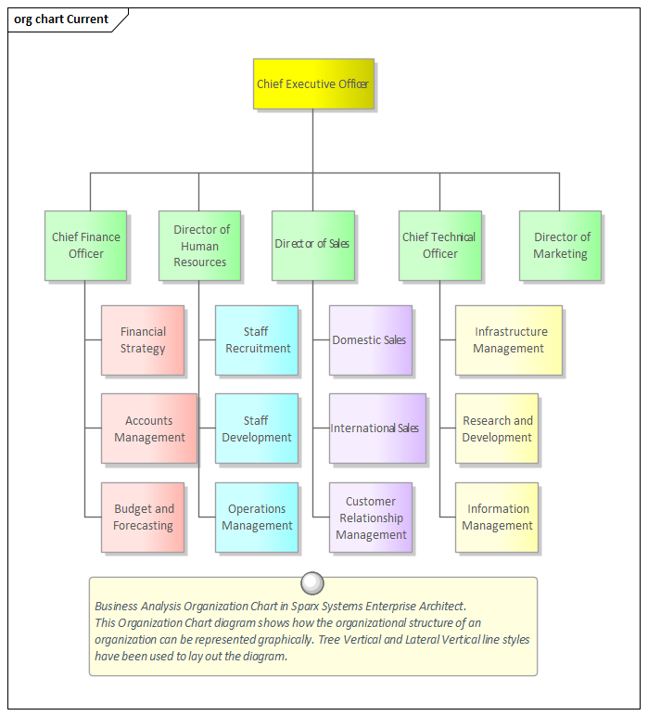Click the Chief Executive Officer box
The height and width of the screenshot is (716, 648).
(x=313, y=84)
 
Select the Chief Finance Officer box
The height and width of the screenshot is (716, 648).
(x=85, y=245)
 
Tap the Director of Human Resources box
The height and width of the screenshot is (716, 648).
(x=199, y=245)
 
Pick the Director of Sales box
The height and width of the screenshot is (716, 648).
(x=313, y=245)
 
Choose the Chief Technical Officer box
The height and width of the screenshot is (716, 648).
(x=440, y=245)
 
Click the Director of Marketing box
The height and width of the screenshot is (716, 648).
(x=560, y=245)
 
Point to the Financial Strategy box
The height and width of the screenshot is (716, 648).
(x=143, y=340)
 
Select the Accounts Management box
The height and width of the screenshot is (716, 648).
(x=149, y=428)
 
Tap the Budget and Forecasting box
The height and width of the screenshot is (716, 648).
(x=143, y=518)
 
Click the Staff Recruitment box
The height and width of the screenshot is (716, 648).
(x=257, y=340)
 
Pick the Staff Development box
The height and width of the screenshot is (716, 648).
(x=257, y=428)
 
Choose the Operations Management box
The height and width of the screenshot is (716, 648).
(x=257, y=518)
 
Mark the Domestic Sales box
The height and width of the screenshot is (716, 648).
(x=370, y=340)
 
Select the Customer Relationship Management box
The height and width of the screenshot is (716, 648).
(x=370, y=518)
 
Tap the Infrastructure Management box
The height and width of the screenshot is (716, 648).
(x=509, y=340)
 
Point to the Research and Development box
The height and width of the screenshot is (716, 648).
(x=497, y=428)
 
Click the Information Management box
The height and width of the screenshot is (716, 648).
(x=497, y=518)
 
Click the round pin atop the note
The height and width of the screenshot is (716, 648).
(x=312, y=582)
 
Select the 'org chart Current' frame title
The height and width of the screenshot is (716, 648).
(x=62, y=19)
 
